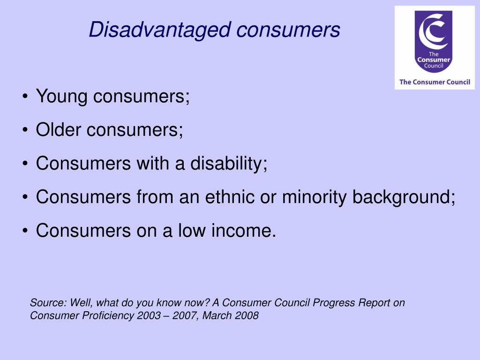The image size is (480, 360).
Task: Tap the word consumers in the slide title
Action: point(288,30)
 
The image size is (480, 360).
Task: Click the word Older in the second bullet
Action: point(59,130)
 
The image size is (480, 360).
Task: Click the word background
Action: point(404,197)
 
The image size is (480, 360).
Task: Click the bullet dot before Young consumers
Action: point(25,97)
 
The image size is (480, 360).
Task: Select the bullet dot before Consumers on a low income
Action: point(25,231)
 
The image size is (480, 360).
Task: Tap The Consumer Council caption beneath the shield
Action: point(435,82)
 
